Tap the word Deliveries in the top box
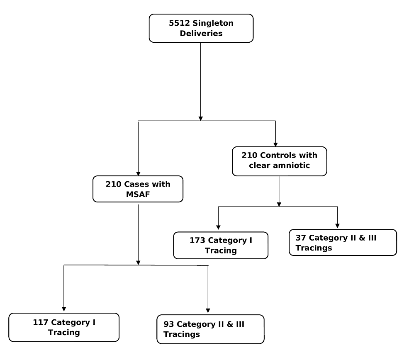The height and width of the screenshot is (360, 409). (x=201, y=34)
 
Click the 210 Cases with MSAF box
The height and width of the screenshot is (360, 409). (x=138, y=189)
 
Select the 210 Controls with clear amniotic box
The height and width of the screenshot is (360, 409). (x=279, y=161)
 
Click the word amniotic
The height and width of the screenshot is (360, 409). (x=295, y=166)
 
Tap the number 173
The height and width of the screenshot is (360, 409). (x=197, y=240)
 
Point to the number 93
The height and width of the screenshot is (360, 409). (x=169, y=324)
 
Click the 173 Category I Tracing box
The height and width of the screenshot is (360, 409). (x=221, y=245)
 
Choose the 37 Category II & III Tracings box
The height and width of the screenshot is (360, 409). (x=343, y=243)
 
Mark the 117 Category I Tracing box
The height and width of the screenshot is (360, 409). (x=64, y=327)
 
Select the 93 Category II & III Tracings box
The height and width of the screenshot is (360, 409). (x=210, y=329)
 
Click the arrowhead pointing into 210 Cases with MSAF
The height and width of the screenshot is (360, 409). (x=138, y=173)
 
